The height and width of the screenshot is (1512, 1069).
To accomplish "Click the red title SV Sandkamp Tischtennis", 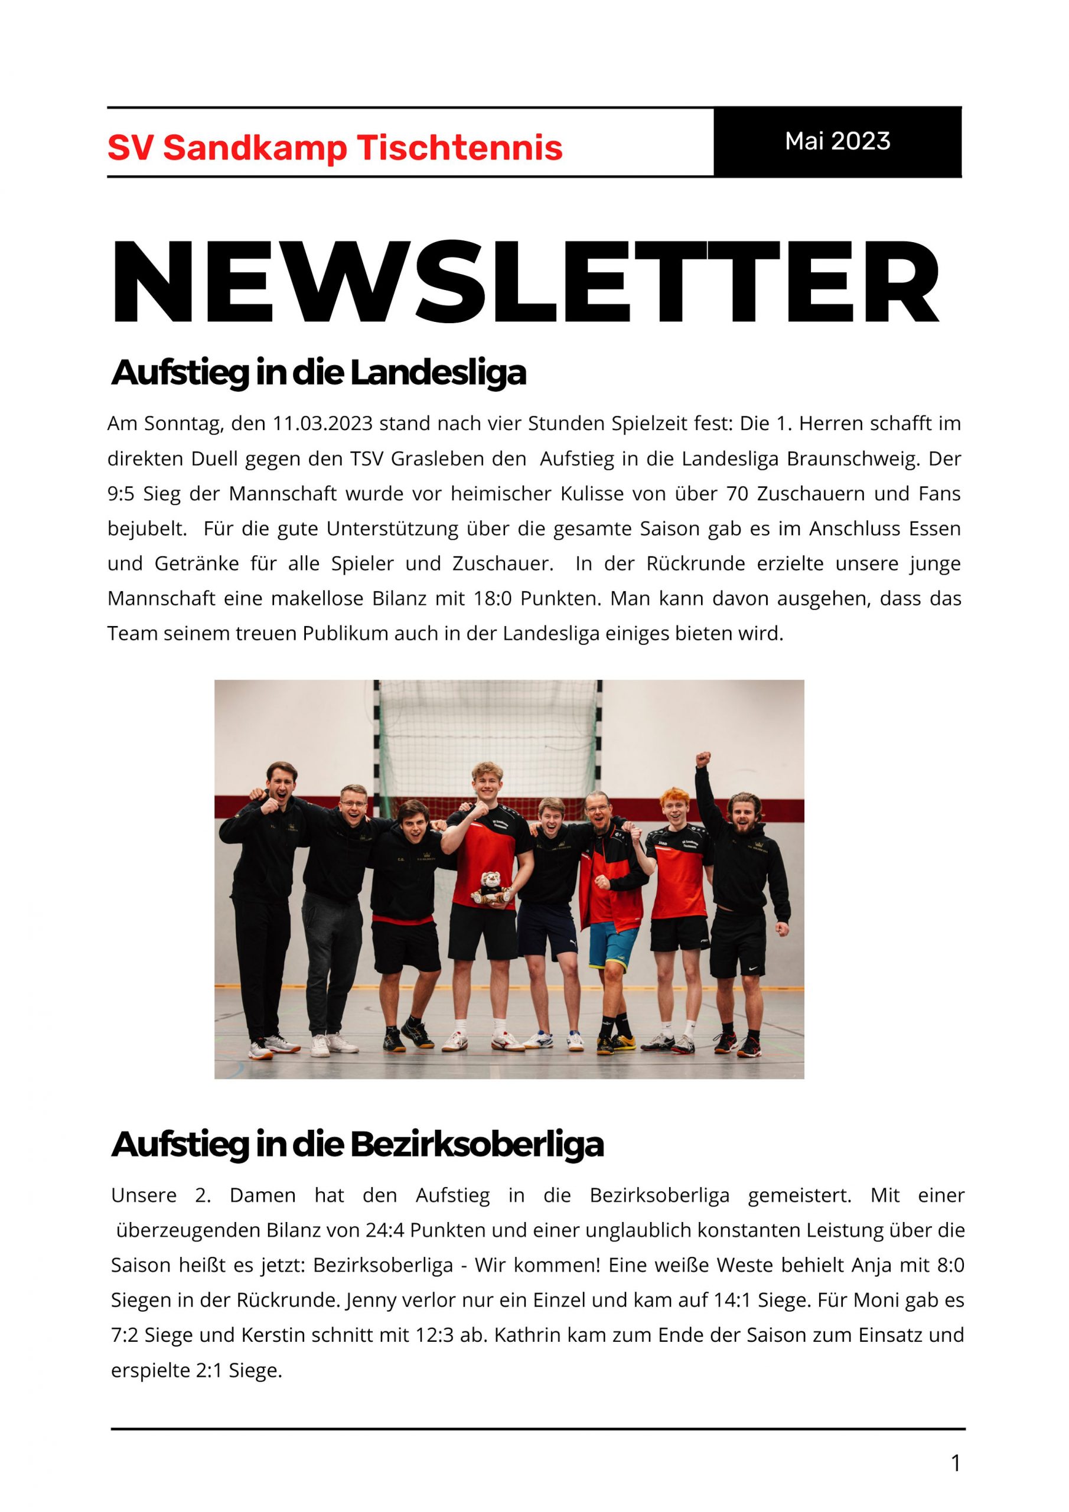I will click(335, 148).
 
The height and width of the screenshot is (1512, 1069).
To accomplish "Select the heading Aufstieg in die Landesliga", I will click(319, 373).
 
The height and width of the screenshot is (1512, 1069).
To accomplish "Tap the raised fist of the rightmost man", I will click(703, 757).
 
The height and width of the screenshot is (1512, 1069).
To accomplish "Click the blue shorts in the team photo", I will click(614, 945).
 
